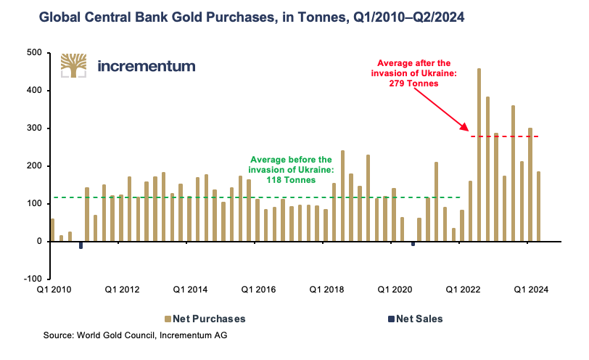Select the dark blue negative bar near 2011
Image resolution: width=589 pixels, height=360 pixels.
[81, 245]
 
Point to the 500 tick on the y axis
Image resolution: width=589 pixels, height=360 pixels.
[33, 53]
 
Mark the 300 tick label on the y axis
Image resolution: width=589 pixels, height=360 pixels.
[33, 128]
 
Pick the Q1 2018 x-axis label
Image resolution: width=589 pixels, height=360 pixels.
[327, 290]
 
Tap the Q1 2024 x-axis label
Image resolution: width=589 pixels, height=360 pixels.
[532, 290]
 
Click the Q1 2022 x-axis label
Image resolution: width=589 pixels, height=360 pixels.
[464, 290]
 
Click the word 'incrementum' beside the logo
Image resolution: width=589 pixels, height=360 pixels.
[146, 66]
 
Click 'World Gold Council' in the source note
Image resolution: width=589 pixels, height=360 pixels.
[120, 336]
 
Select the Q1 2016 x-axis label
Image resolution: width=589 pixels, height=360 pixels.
[258, 290]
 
